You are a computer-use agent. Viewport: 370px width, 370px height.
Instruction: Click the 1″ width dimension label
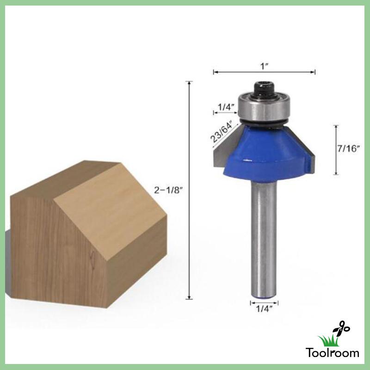point(264,66)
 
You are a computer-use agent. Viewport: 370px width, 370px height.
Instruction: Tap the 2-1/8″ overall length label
point(169,189)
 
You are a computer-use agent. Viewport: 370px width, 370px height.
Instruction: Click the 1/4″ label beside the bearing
point(226,107)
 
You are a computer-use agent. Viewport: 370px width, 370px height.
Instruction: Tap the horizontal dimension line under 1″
point(264,72)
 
